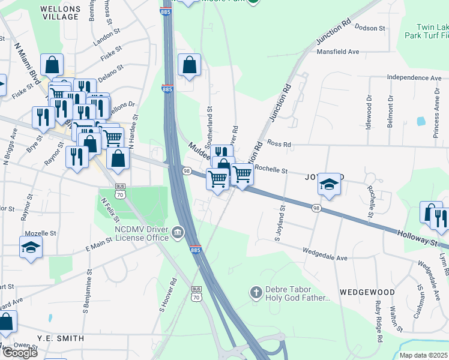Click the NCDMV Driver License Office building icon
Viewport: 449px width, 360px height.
(178, 232)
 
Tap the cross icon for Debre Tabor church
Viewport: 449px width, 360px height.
(256, 293)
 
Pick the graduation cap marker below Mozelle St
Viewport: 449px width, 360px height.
(31, 247)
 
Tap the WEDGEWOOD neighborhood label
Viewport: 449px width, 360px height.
(367, 292)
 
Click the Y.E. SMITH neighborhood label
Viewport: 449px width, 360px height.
(60, 338)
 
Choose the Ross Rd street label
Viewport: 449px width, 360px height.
(279, 145)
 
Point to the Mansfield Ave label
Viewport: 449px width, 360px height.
(337, 52)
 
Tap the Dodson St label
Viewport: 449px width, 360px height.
(370, 28)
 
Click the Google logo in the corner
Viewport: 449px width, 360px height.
(19, 353)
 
